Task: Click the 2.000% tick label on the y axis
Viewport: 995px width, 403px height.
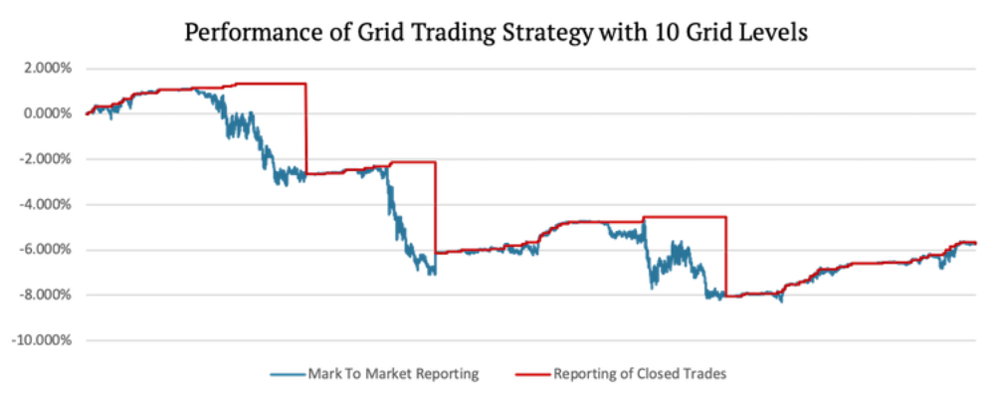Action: [x=47, y=69]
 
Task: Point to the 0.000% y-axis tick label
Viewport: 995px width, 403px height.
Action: [x=47, y=113]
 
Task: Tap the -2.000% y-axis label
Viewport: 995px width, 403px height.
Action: [x=45, y=159]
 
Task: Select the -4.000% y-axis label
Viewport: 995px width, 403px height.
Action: [x=45, y=204]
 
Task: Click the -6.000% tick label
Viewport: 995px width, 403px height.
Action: [x=45, y=250]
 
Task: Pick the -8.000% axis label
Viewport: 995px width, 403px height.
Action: [x=45, y=295]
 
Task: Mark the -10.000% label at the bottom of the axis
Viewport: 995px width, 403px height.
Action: [x=42, y=340]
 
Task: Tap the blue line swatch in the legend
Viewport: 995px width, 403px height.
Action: [x=290, y=374]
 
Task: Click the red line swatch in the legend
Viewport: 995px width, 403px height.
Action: [x=534, y=374]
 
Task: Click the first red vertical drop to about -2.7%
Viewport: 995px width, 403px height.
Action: [x=305, y=129]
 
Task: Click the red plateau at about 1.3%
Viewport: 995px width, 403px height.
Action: [x=269, y=84]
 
